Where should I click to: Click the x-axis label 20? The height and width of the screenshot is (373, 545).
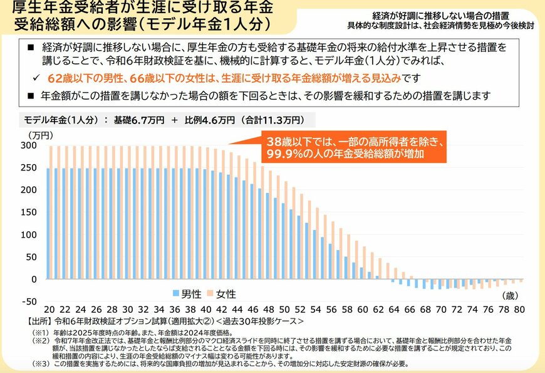point(48,310)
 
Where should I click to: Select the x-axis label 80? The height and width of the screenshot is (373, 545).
point(519,310)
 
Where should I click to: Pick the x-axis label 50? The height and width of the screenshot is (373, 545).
point(284,310)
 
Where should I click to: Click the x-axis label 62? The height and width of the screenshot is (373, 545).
point(378,310)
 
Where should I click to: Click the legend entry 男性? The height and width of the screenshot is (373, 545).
point(187,293)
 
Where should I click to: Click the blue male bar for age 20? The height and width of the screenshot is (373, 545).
point(48,223)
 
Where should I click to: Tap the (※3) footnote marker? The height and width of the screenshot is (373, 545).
point(42,364)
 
